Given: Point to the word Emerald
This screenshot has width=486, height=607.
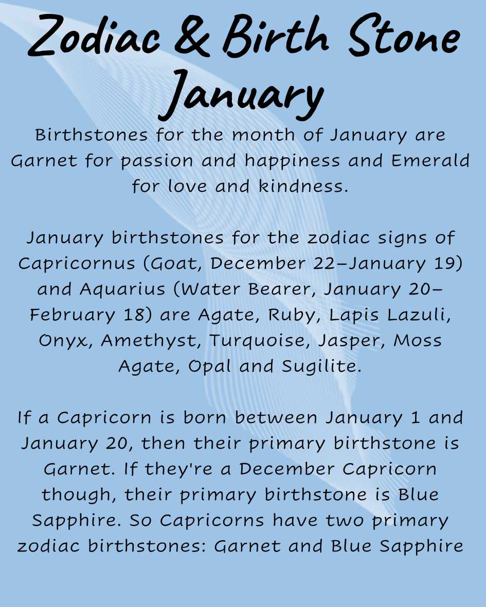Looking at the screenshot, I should [430, 161].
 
